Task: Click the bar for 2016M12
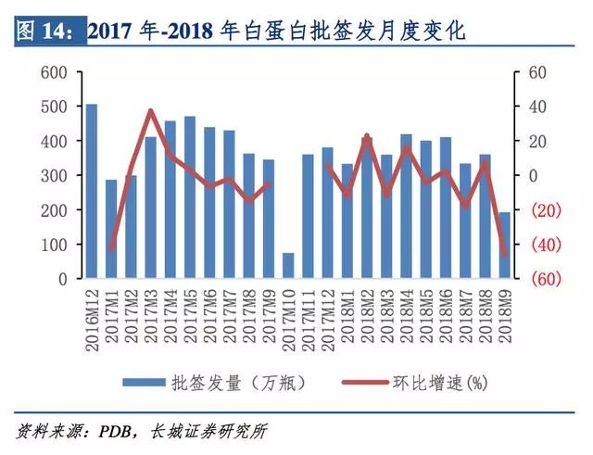(91, 191)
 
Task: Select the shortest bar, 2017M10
(288, 265)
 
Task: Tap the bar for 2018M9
(505, 245)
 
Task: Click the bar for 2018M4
(406, 206)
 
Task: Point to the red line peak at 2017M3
(151, 111)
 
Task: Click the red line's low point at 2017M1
(112, 249)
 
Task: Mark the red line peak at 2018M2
(367, 136)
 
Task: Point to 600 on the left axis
(57, 72)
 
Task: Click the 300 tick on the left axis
(57, 175)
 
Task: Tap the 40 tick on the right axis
(536, 107)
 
